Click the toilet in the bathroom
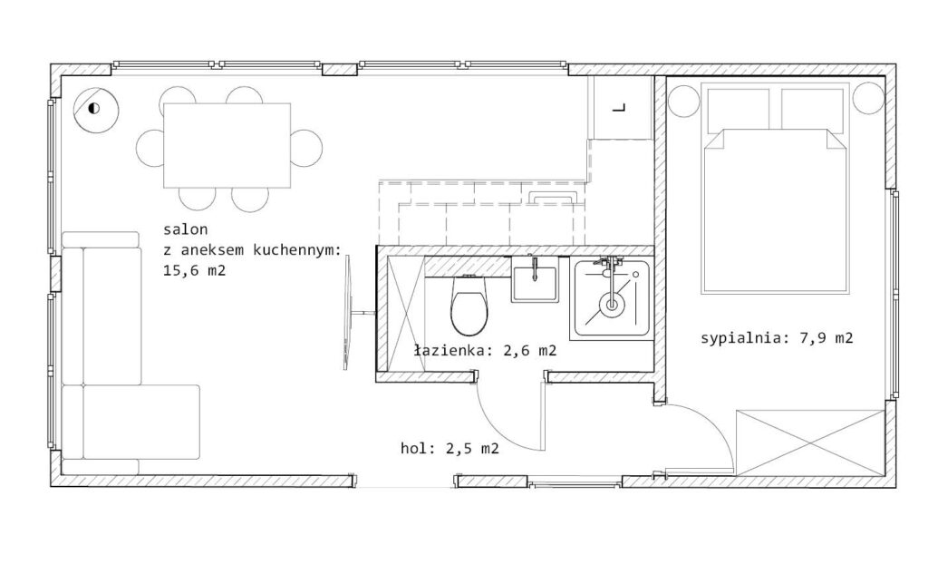click(x=469, y=305)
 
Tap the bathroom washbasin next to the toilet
click(x=535, y=283)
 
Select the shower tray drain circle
click(x=612, y=305)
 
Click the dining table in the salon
click(x=227, y=145)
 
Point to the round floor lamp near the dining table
click(x=96, y=110)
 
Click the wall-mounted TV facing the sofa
click(x=348, y=312)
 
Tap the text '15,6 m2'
click(x=194, y=271)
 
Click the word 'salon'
click(x=185, y=229)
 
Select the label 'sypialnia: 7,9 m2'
click(x=777, y=338)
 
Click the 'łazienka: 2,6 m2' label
click(x=486, y=351)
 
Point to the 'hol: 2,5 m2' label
click(x=449, y=449)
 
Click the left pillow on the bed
click(x=738, y=109)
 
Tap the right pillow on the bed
click(x=812, y=109)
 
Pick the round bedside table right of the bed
click(x=867, y=98)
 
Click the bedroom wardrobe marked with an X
click(x=810, y=442)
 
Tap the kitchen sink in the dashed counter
click(x=555, y=198)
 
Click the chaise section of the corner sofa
click(x=140, y=422)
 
